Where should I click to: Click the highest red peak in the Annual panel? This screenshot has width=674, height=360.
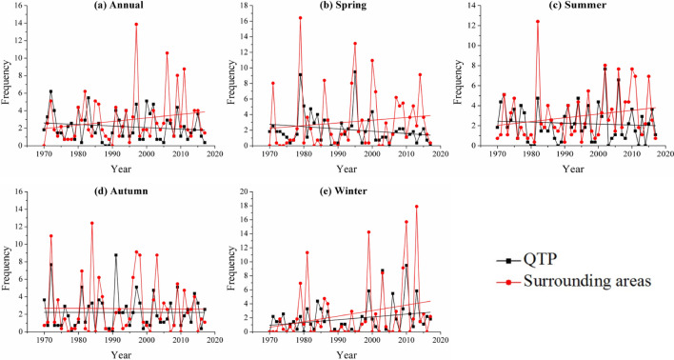point(136,24)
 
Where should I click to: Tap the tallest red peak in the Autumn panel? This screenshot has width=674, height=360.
point(92,223)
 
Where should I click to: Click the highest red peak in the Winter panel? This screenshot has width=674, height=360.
point(416,207)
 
